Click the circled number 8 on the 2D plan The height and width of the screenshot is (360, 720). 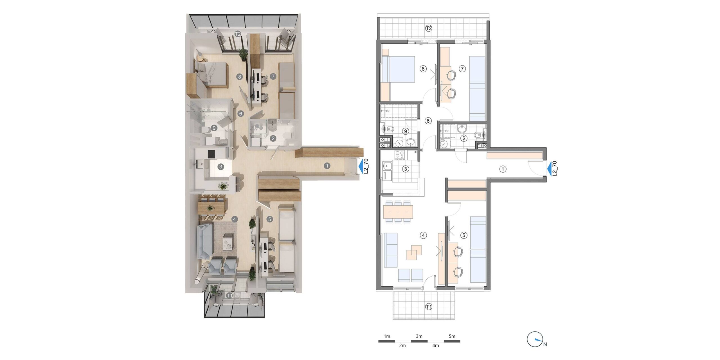[x=423, y=69]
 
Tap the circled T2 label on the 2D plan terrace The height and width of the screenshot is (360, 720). [x=429, y=28]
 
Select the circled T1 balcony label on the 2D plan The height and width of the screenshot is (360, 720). [x=429, y=307]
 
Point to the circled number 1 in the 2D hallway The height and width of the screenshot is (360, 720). [x=503, y=169]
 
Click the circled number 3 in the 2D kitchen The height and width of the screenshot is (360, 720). [x=406, y=169]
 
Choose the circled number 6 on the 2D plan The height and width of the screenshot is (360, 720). [x=428, y=121]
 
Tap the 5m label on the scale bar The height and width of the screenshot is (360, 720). [x=452, y=336]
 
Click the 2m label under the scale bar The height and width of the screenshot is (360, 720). [x=402, y=345]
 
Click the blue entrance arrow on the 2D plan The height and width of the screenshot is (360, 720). [x=549, y=169]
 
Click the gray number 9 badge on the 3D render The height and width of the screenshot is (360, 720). [x=214, y=128]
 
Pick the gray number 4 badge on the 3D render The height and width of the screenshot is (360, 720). [x=234, y=219]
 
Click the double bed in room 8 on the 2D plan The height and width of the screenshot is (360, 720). [x=397, y=69]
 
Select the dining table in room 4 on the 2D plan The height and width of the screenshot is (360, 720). [x=398, y=211]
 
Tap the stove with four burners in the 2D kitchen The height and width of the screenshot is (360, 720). [x=400, y=155]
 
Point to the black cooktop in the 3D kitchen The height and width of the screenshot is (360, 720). [x=211, y=154]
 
